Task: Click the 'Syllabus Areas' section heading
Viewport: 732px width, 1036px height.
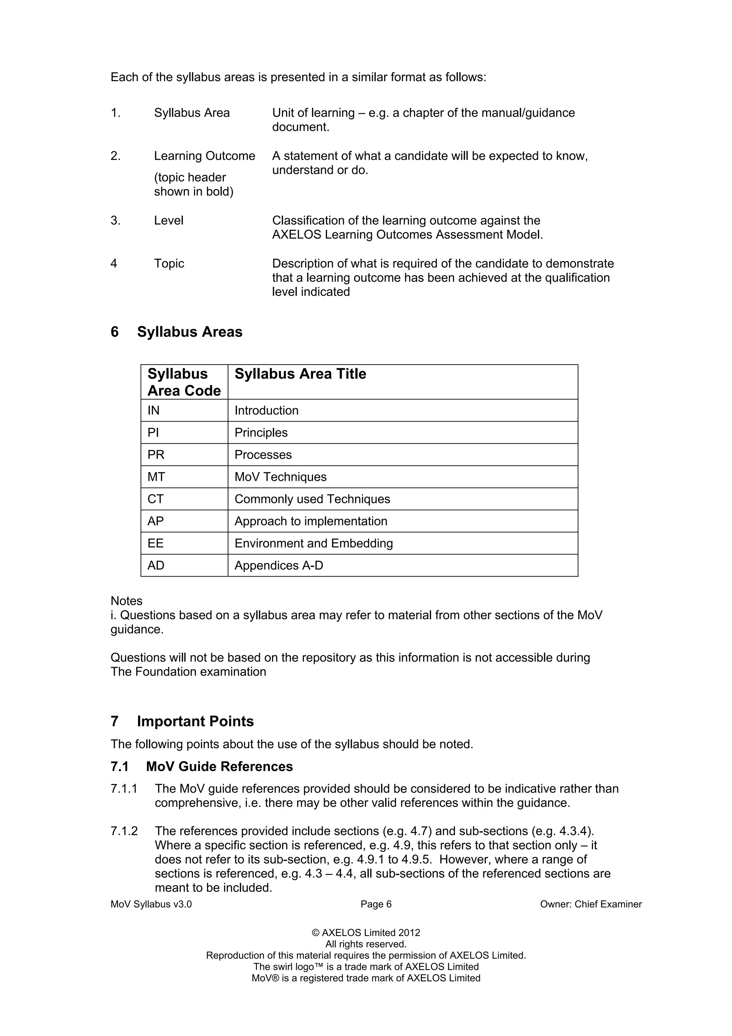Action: pyautogui.click(x=189, y=332)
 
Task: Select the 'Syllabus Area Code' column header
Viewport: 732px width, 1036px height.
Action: pyautogui.click(x=184, y=382)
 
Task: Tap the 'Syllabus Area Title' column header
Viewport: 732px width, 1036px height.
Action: pyautogui.click(x=300, y=374)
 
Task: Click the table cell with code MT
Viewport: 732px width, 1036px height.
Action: pyautogui.click(x=156, y=477)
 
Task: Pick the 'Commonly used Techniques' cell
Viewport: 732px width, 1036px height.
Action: pyautogui.click(x=312, y=499)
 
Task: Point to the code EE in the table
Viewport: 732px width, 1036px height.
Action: pyautogui.click(x=155, y=543)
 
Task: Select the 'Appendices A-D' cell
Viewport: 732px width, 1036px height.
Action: pyautogui.click(x=279, y=566)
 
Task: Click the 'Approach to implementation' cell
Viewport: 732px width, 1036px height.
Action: pyautogui.click(x=311, y=521)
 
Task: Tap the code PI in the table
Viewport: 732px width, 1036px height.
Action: pyautogui.click(x=153, y=433)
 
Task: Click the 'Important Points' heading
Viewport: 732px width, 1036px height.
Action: pyautogui.click(x=195, y=721)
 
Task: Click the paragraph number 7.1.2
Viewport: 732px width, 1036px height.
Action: pyautogui.click(x=124, y=831)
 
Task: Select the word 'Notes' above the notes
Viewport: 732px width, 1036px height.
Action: pyautogui.click(x=126, y=601)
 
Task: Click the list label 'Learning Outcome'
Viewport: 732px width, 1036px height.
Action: pyautogui.click(x=204, y=156)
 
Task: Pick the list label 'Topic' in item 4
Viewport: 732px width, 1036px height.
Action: pyautogui.click(x=169, y=263)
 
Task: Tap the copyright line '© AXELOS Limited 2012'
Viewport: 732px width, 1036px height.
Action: pyautogui.click(x=366, y=933)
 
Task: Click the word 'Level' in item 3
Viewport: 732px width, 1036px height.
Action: pyautogui.click(x=169, y=221)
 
